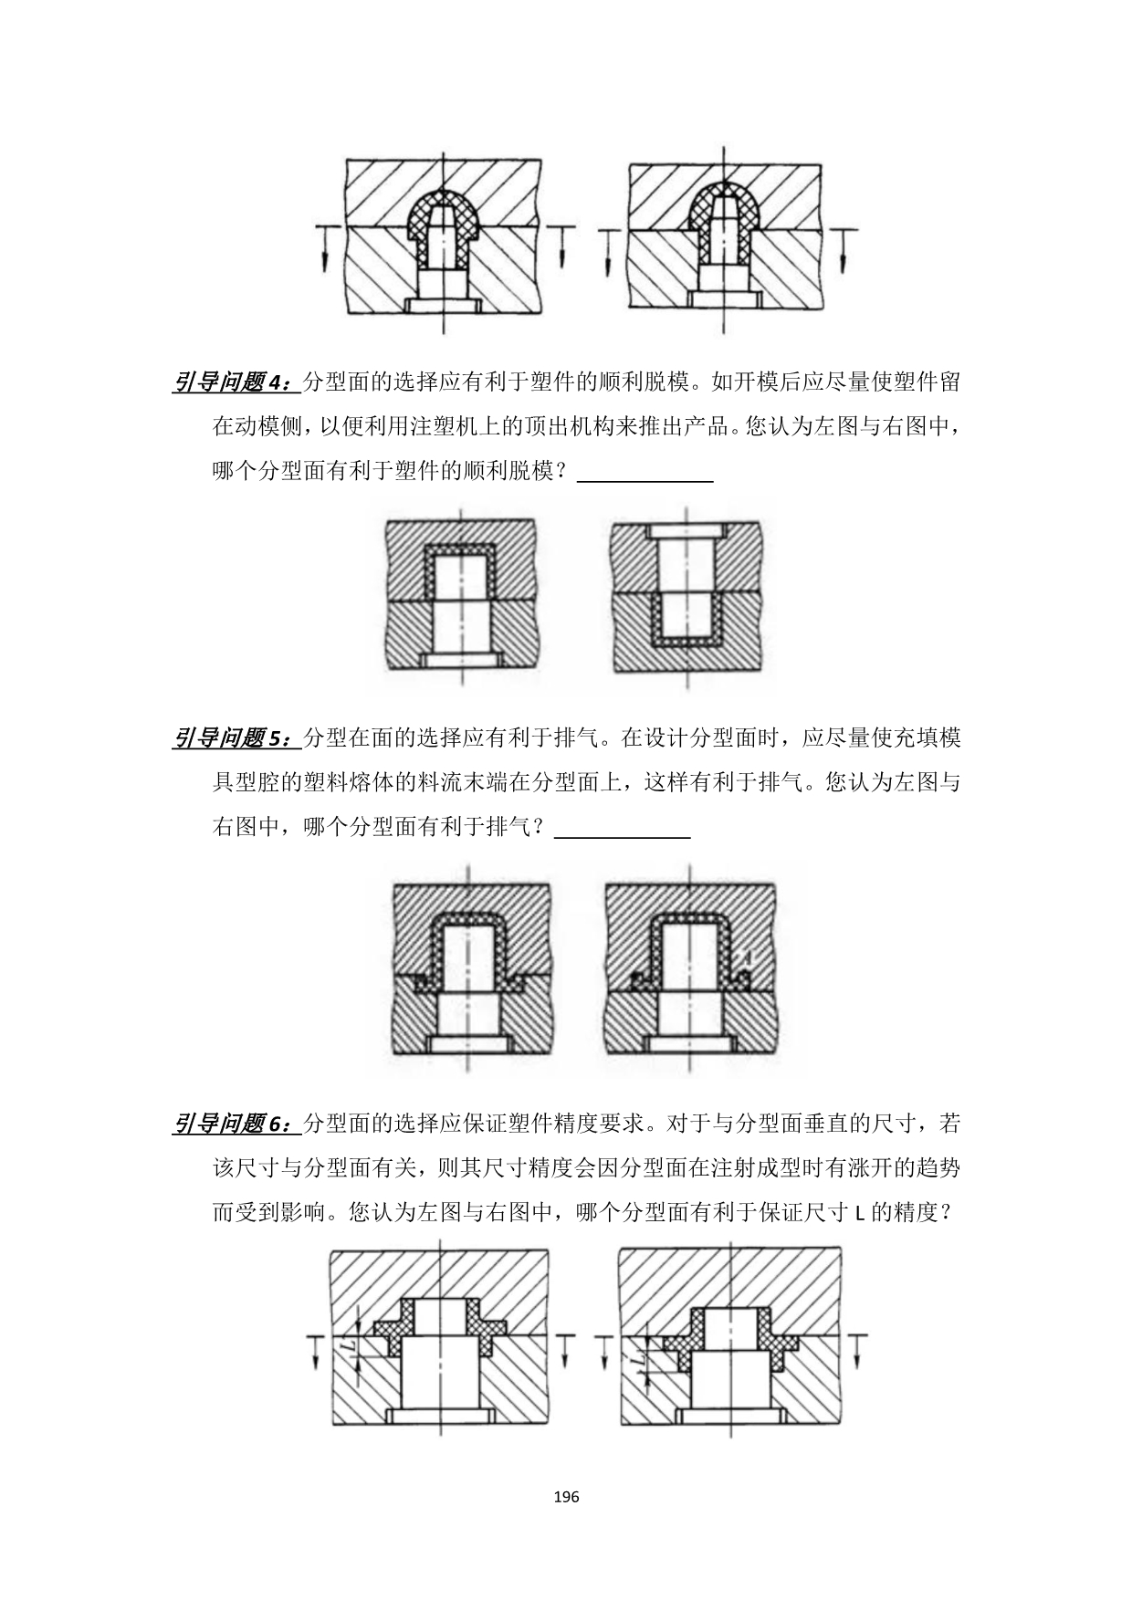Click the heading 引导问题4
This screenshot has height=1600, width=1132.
[x=235, y=382]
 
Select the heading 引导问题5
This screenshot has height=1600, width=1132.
[x=235, y=737]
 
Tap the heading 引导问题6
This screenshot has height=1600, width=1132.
[x=235, y=1124]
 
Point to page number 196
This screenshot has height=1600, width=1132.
[x=566, y=1497]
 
